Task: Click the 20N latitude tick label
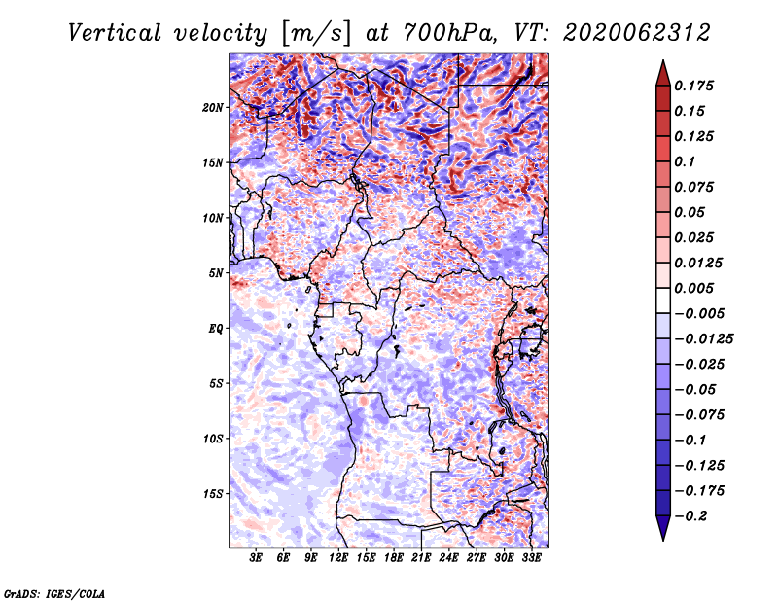[213, 108]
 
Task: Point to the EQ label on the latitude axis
[216, 329]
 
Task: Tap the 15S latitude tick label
[213, 494]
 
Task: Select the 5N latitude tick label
[216, 273]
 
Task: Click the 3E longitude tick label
[256, 558]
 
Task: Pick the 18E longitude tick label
[394, 558]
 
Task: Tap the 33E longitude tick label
[531, 558]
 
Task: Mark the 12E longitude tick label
[338, 558]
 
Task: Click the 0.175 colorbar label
[694, 86]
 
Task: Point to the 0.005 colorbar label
[694, 288]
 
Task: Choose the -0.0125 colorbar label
[703, 339]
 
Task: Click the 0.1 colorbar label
[685, 161]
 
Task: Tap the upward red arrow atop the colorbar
[663, 73]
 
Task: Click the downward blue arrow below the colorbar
[663, 528]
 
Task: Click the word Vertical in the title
[114, 33]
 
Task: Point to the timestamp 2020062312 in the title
[637, 33]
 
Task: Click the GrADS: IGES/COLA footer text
[54, 593]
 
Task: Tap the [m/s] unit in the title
[316, 33]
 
